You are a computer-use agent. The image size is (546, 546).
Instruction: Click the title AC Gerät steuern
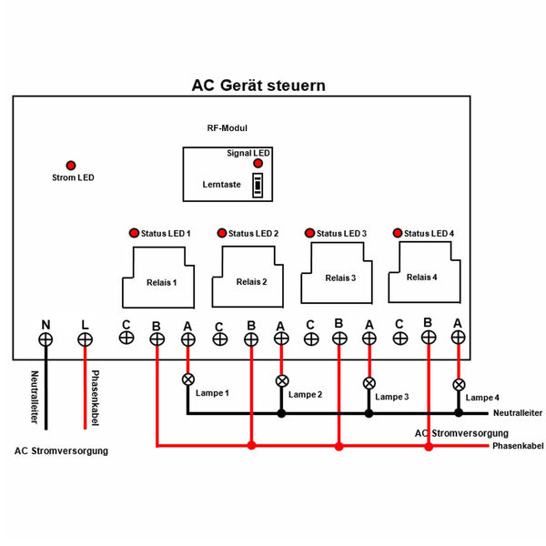pyautogui.click(x=258, y=86)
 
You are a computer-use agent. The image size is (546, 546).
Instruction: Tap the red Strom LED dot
pyautogui.click(x=71, y=165)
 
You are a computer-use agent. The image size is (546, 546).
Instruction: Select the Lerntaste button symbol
pyautogui.click(x=258, y=185)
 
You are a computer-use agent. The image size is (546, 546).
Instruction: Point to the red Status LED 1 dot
pyautogui.click(x=134, y=233)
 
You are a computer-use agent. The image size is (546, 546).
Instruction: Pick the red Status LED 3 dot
pyautogui.click(x=310, y=233)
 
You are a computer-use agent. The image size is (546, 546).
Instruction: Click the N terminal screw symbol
pyautogui.click(x=45, y=339)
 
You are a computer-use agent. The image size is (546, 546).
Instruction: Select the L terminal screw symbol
pyautogui.click(x=85, y=339)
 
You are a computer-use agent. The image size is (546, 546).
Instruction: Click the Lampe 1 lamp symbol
pyautogui.click(x=188, y=379)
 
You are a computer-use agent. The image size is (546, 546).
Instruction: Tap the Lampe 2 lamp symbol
pyautogui.click(x=281, y=380)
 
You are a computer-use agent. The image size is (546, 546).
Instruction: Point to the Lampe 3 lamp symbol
pyautogui.click(x=369, y=383)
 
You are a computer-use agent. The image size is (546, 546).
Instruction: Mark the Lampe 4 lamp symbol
pyautogui.click(x=459, y=384)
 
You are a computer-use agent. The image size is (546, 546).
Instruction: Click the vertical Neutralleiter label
pyautogui.click(x=34, y=398)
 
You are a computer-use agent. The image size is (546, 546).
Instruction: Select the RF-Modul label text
pyautogui.click(x=227, y=128)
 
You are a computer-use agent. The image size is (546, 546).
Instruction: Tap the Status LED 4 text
pyautogui.click(x=429, y=233)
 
